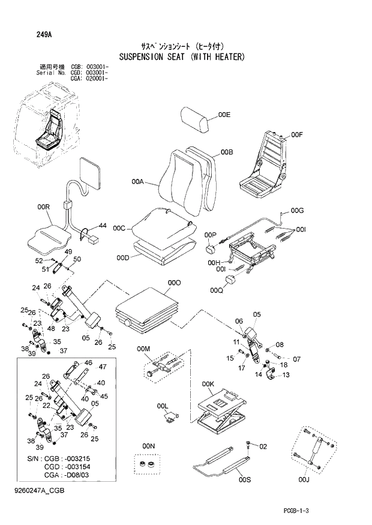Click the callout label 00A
pos(137,181)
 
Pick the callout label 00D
pos(123,257)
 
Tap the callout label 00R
pos(43,207)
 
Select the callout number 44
pos(103,226)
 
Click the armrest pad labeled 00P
pos(211,247)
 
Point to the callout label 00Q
pos(217,291)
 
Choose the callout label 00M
pos(143,349)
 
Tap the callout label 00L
pos(162,406)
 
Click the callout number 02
pos(262,446)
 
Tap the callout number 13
pos(286,375)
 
